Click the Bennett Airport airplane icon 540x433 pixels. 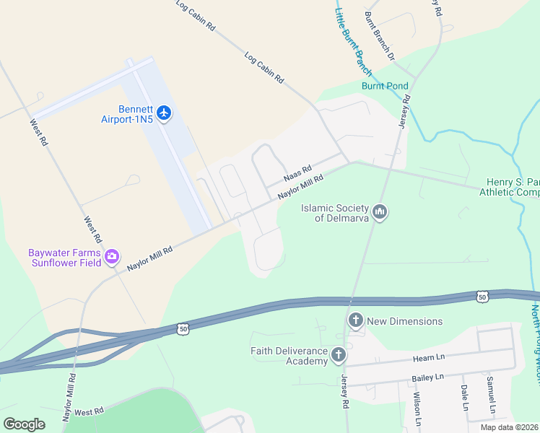165,113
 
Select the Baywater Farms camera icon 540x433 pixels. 112,256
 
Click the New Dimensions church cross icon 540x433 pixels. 355,320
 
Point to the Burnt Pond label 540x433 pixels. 385,85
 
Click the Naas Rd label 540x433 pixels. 297,175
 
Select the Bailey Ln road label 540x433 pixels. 427,377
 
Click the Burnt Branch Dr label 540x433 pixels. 380,35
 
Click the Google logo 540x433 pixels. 24,424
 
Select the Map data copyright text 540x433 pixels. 510,427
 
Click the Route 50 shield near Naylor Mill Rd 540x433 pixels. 184,328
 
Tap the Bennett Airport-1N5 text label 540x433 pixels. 127,113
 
